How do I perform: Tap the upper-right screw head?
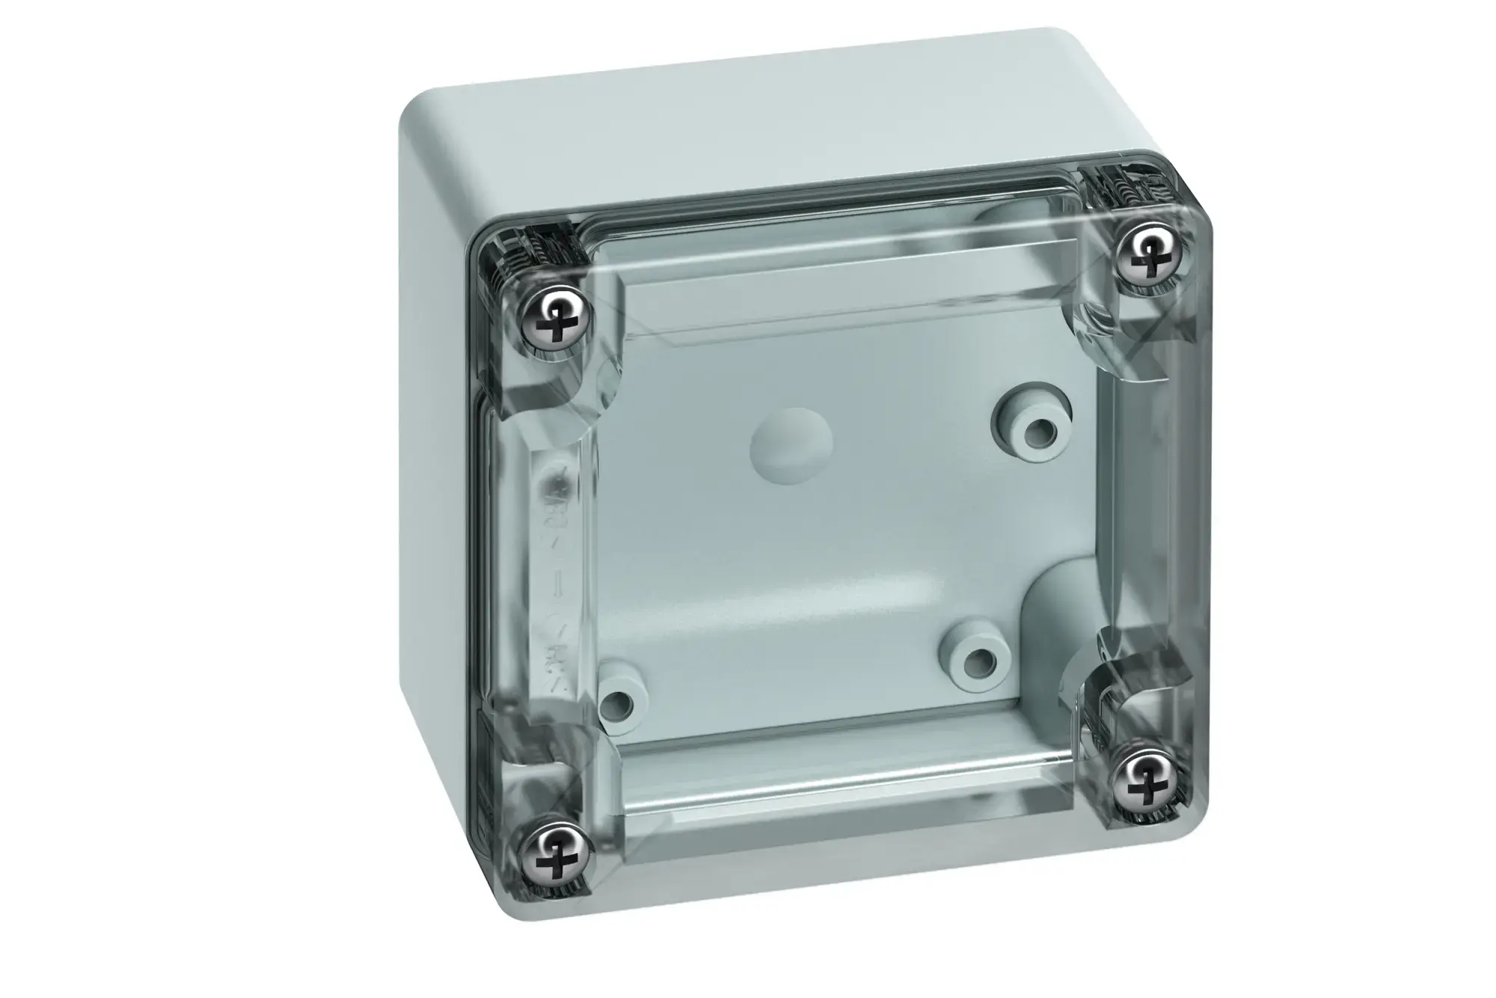pos(1147,255)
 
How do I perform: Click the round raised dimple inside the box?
pos(788,447)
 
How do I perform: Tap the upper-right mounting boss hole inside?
pos(1035,430)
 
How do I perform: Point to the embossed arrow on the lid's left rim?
pos(558,591)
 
